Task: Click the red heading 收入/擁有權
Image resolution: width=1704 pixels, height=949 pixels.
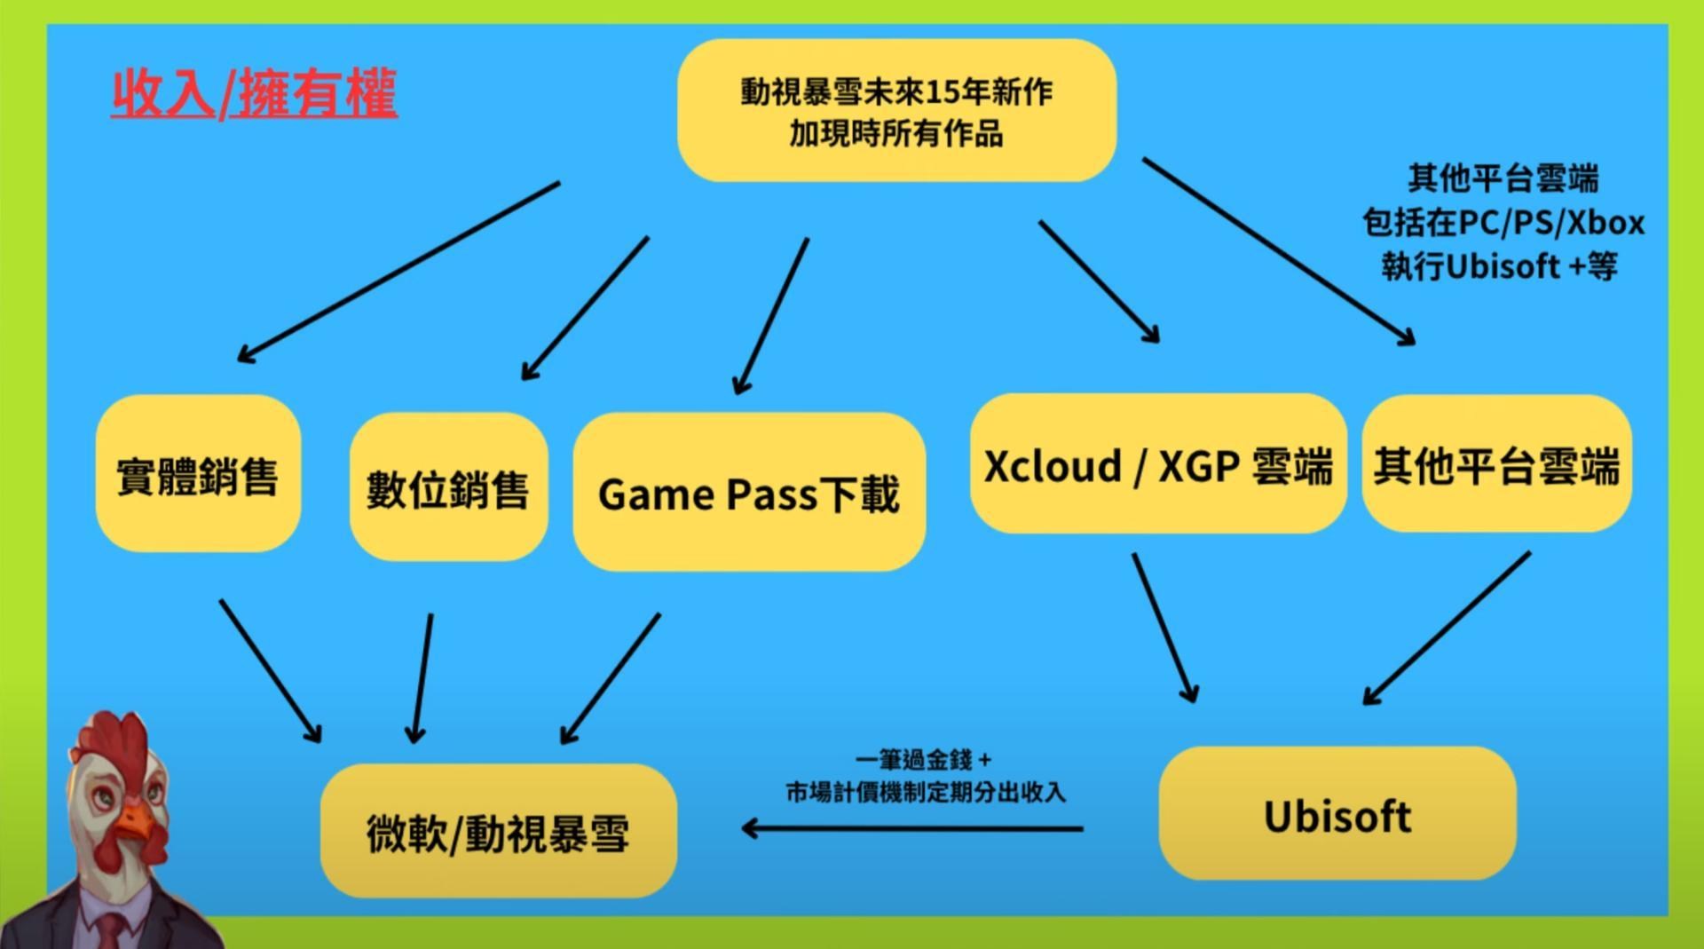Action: coord(254,93)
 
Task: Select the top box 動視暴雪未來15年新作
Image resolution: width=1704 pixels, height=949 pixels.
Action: coord(896,111)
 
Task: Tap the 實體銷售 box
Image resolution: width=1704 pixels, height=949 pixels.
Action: coord(198,474)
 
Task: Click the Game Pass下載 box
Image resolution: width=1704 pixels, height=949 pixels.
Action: coord(749,492)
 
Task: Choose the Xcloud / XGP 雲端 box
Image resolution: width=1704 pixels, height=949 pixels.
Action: coord(1157,464)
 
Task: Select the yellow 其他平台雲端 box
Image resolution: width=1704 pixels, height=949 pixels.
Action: coord(1496,464)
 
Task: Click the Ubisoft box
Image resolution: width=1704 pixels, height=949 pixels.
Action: coord(1337,814)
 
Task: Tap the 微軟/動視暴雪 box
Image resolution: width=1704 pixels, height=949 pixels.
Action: coord(498,831)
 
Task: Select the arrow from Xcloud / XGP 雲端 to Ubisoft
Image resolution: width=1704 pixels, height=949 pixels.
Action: coord(1164,627)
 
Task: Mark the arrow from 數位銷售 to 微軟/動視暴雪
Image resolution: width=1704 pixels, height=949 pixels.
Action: coord(422,676)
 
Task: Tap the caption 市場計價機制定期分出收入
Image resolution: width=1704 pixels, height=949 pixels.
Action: coord(925,791)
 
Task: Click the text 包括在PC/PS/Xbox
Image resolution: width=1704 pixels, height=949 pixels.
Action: coord(1503,222)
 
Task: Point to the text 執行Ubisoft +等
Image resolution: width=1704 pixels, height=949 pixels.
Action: coord(1499,265)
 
